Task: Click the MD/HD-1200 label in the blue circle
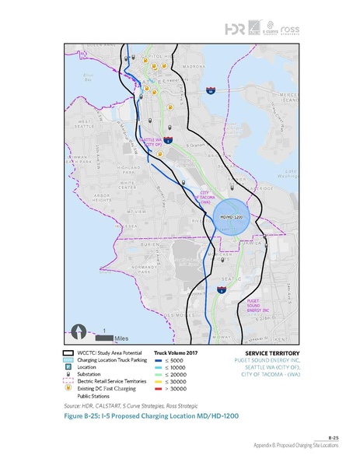click(x=232, y=215)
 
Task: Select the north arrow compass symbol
click(x=77, y=333)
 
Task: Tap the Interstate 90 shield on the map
click(x=211, y=92)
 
